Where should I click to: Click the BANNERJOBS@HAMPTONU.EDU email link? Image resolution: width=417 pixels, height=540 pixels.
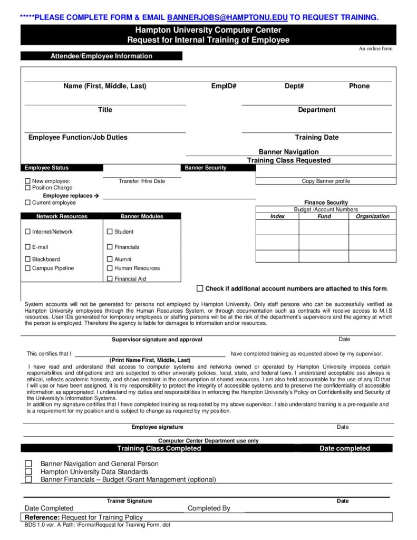click(x=227, y=17)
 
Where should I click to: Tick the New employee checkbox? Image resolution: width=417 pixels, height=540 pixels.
click(x=28, y=181)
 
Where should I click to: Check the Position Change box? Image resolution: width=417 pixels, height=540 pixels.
click(x=28, y=188)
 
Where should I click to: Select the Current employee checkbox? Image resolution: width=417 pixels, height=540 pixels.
click(x=28, y=202)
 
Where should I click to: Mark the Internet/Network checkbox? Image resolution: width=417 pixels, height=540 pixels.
click(x=28, y=232)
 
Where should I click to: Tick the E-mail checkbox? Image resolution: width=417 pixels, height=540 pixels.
click(x=28, y=247)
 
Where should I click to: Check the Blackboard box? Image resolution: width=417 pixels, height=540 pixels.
click(x=28, y=259)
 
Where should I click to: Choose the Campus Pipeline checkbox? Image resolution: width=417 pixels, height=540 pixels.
click(x=28, y=268)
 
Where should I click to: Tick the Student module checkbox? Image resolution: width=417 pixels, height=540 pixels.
click(x=110, y=232)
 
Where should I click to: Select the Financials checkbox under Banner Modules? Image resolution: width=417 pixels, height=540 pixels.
click(x=110, y=247)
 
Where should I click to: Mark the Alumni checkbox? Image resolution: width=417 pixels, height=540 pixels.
click(x=110, y=259)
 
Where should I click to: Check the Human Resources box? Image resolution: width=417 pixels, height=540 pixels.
click(x=110, y=268)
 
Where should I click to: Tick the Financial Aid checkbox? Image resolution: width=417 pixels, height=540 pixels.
click(x=110, y=278)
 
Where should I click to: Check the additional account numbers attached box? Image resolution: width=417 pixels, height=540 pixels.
click(x=200, y=288)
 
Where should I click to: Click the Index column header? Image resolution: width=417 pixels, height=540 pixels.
click(x=277, y=217)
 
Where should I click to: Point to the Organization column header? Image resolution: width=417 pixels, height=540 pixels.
click(x=372, y=217)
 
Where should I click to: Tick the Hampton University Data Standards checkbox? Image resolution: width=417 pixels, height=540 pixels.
click(x=28, y=471)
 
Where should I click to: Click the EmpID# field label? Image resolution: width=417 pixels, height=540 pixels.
click(x=224, y=86)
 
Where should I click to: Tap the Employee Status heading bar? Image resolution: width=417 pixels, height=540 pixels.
click(x=62, y=168)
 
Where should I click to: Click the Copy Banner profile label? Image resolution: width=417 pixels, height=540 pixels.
click(x=326, y=181)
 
